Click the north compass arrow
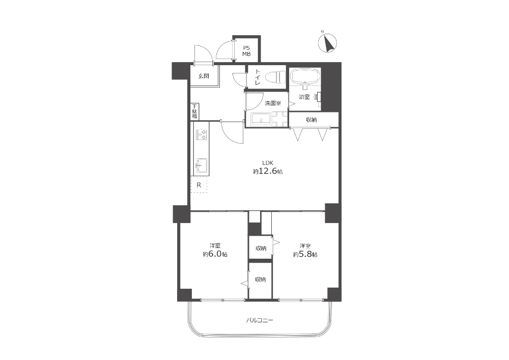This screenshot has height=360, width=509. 328,44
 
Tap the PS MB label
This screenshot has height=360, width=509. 246,51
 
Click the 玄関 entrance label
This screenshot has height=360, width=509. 204,76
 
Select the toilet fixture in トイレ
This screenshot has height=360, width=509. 275,77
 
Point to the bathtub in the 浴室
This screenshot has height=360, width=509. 305,76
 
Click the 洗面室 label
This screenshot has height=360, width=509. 273,103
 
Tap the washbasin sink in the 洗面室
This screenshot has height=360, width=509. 262,119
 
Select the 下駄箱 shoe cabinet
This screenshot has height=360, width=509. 194,112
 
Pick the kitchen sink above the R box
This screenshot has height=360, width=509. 202,166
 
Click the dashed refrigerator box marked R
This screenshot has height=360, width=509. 199,185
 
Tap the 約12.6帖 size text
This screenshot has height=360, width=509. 268,171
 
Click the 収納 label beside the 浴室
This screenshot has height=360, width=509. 312,120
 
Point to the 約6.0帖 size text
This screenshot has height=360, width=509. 215,254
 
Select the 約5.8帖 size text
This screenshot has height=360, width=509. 305,254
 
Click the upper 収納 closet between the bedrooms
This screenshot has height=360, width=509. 260,247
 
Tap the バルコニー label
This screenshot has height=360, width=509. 260,320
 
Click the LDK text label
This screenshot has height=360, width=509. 268,162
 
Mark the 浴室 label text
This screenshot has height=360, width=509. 304,97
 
